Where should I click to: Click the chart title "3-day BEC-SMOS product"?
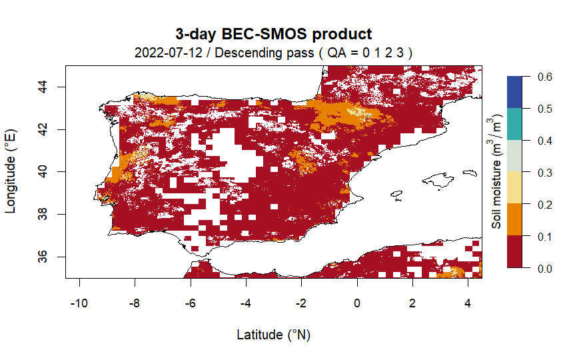pos(273,34)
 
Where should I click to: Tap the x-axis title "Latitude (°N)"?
pos(273,335)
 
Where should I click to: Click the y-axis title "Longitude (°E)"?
pos(11,172)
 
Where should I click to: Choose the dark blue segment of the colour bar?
pos(516,92)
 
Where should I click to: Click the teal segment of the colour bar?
pos(516,124)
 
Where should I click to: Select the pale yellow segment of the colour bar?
pos(516,188)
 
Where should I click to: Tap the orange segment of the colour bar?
pos(516,220)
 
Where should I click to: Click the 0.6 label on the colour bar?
pos(544,77)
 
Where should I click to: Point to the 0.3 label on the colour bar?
pos(544,173)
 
